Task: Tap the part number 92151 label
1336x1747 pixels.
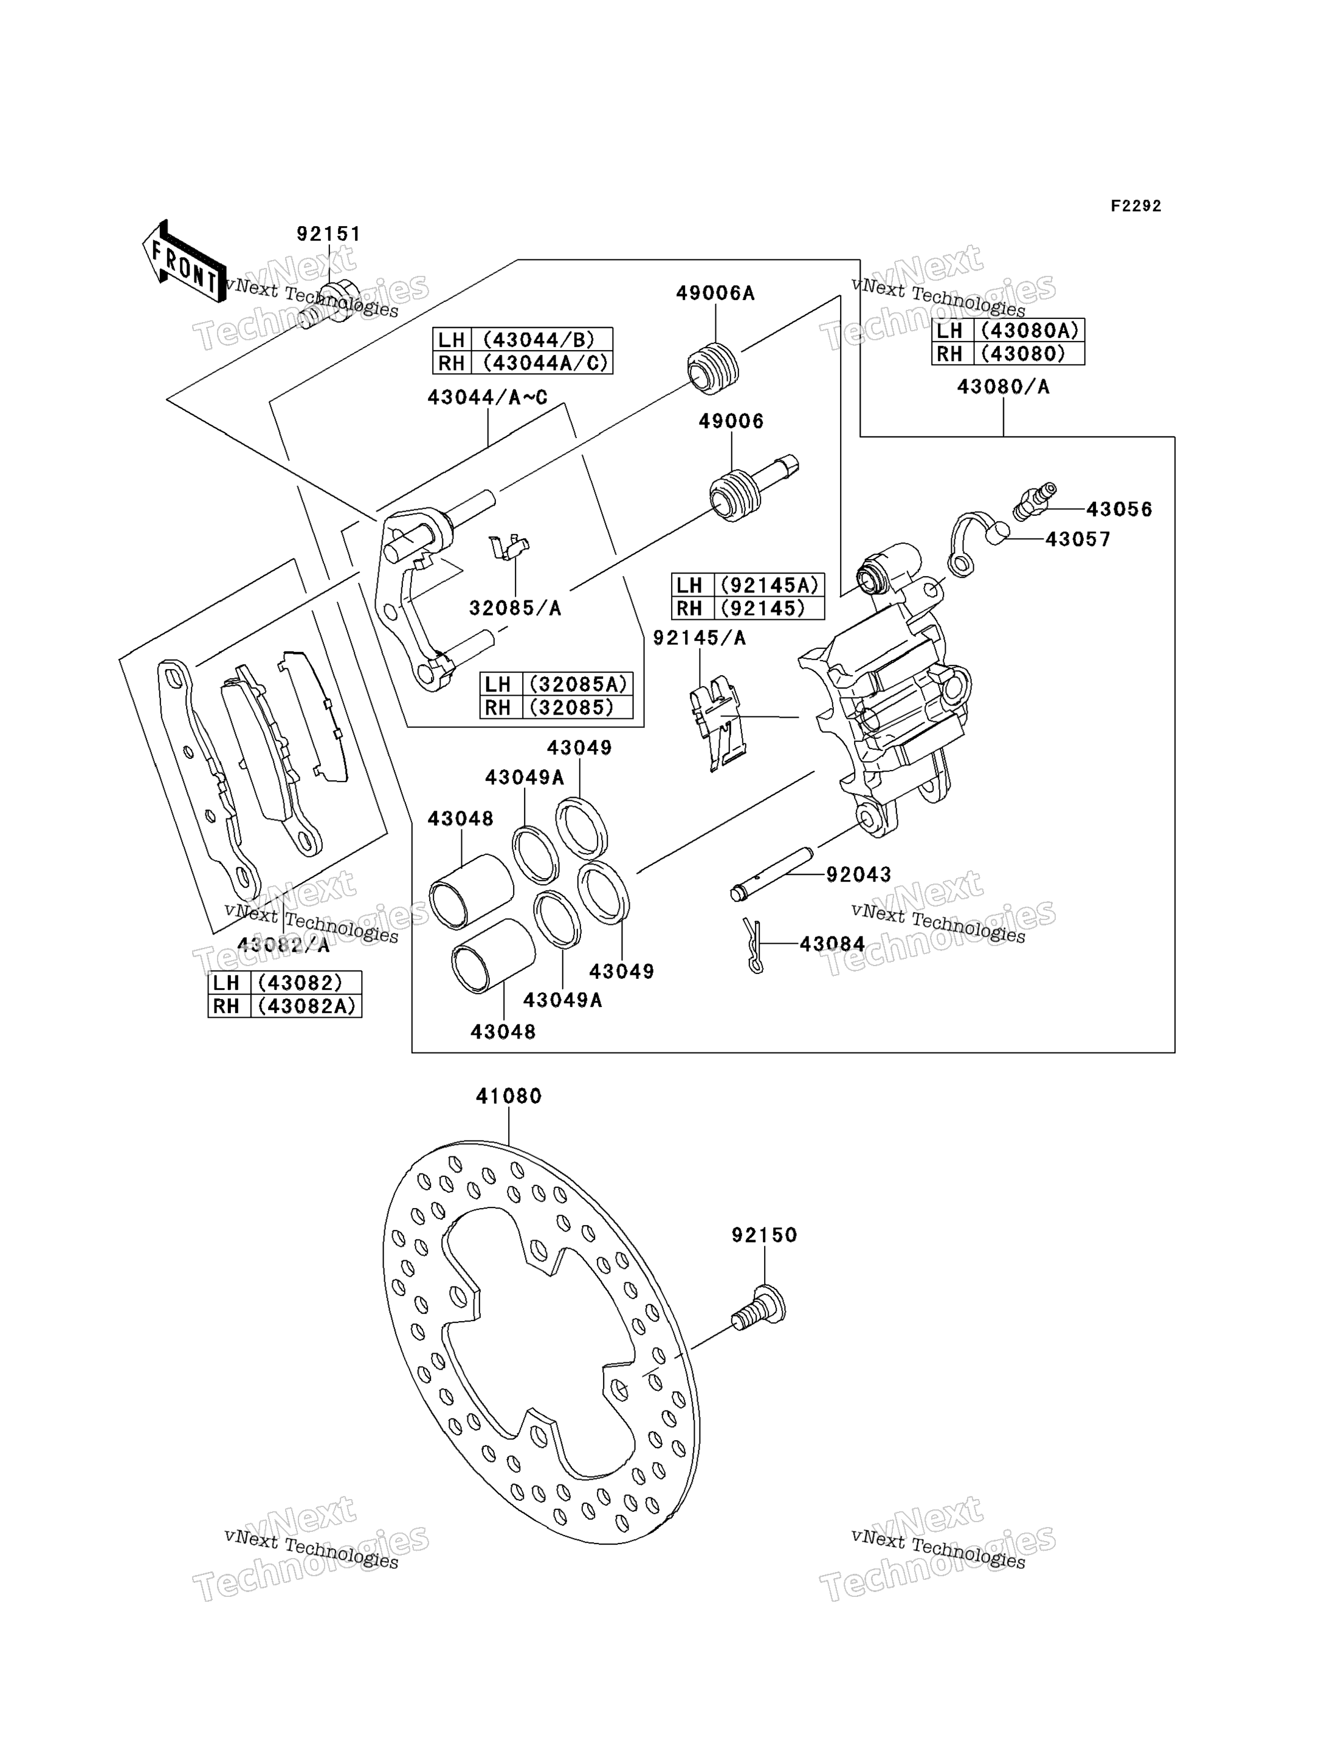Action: [x=328, y=235]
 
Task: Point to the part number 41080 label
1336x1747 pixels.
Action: [x=509, y=1097]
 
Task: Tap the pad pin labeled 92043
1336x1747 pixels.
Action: [x=771, y=874]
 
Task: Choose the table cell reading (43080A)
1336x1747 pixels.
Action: [x=1029, y=331]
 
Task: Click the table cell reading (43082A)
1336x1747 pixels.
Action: [x=306, y=1006]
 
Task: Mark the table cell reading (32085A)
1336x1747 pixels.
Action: [x=577, y=684]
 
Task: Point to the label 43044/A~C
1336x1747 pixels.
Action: [x=487, y=397]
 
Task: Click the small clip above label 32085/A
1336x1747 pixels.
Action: [x=509, y=547]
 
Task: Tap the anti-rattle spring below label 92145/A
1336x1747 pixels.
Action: [x=718, y=722]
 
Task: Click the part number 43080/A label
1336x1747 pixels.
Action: [x=1003, y=387]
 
